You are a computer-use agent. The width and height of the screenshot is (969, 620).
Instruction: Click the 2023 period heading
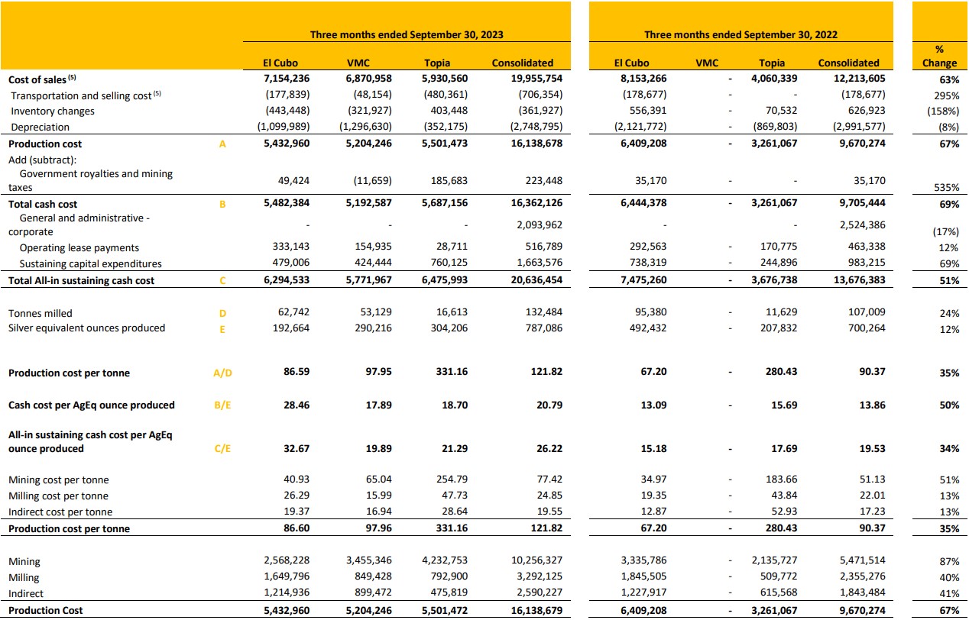pos(407,34)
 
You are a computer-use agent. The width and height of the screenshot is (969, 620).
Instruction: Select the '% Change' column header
pos(939,57)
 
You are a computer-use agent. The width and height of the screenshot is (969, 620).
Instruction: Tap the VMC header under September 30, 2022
pos(707,63)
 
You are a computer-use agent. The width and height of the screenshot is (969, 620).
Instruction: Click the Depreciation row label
pos(41,127)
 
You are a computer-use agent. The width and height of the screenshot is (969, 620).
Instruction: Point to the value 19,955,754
pos(536,79)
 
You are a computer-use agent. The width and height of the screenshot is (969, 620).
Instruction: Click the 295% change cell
pos(947,95)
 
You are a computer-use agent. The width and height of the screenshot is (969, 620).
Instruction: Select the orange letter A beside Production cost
pos(222,144)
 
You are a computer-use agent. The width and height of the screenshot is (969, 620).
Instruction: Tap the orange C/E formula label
pos(222,448)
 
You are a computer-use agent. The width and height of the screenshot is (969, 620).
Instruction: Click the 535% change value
pos(947,187)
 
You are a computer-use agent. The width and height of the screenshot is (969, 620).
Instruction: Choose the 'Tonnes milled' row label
pos(41,313)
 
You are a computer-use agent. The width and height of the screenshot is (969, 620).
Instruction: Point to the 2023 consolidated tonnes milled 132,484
pos(544,312)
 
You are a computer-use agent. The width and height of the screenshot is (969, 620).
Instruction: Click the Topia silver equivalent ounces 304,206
pos(449,328)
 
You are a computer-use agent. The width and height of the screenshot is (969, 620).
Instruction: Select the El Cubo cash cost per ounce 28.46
pos(297,405)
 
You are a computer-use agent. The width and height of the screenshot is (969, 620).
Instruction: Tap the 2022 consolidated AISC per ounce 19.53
pos(872,448)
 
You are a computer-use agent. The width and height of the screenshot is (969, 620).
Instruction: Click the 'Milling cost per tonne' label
pos(58,496)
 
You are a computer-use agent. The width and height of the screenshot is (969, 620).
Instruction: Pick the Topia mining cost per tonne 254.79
pos(452,480)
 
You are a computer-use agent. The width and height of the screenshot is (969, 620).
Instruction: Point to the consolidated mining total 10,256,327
pos(536,560)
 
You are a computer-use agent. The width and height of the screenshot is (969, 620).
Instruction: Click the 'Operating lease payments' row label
pos(79,247)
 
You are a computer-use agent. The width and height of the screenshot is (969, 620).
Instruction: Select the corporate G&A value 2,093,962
pos(540,224)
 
